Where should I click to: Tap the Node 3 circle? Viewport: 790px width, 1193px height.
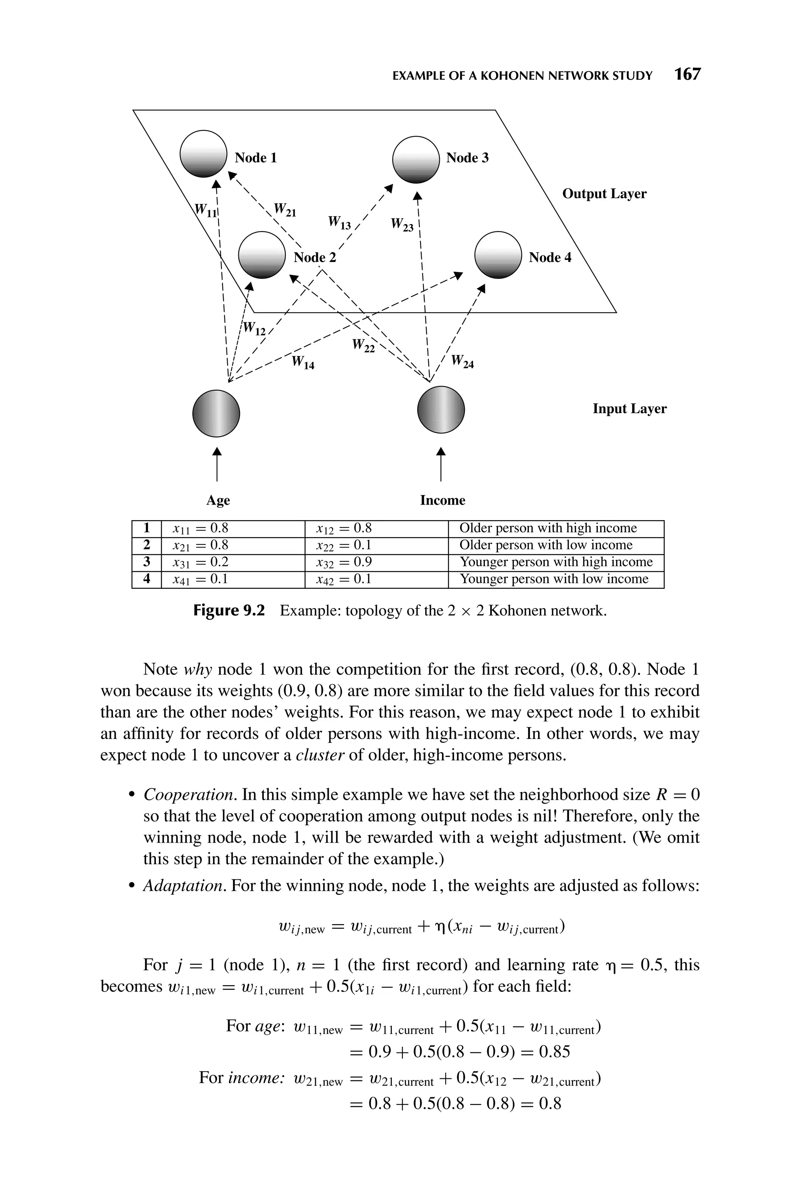click(x=416, y=159)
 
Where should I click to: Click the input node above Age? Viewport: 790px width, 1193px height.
click(x=216, y=414)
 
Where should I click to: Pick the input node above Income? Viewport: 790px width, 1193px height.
click(x=441, y=410)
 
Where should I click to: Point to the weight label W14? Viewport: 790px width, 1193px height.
click(x=303, y=362)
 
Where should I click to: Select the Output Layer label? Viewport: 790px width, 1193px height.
click(x=604, y=194)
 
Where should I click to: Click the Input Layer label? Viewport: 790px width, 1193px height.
click(x=629, y=409)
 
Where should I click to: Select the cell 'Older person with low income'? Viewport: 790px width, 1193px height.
click(x=546, y=545)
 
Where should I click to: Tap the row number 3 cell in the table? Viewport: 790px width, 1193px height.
click(x=147, y=562)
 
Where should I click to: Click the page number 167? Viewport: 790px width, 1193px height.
click(x=687, y=74)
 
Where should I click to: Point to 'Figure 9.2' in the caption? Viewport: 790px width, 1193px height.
click(x=229, y=611)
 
